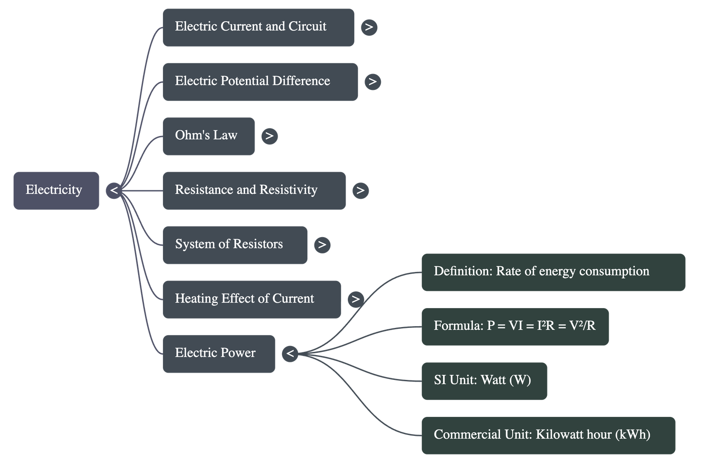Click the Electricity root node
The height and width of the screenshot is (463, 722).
click(56, 190)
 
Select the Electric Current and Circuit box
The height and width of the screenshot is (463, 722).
click(258, 27)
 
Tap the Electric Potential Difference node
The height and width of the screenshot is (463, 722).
click(260, 82)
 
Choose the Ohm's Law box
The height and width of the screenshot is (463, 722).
click(208, 136)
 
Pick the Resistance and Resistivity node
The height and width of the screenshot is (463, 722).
click(254, 190)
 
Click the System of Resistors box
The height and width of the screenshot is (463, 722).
click(235, 245)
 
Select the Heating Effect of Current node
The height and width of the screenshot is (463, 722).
click(251, 299)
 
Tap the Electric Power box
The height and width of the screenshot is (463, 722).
click(218, 354)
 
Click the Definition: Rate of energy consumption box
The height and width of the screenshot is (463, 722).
click(553, 272)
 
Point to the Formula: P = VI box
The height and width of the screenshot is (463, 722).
click(515, 327)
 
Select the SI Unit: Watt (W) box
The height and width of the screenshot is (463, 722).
click(484, 381)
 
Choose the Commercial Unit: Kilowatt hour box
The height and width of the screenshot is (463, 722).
click(548, 435)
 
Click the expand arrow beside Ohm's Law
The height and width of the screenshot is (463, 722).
click(269, 136)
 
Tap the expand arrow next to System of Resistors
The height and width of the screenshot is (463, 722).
click(322, 245)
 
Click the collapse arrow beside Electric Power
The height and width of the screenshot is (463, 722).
click(290, 354)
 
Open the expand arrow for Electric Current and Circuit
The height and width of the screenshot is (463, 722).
click(369, 27)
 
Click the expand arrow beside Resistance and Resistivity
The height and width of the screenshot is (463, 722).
click(360, 190)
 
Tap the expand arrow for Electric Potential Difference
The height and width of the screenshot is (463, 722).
click(372, 82)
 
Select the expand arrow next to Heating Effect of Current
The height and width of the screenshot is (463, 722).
click(356, 299)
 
